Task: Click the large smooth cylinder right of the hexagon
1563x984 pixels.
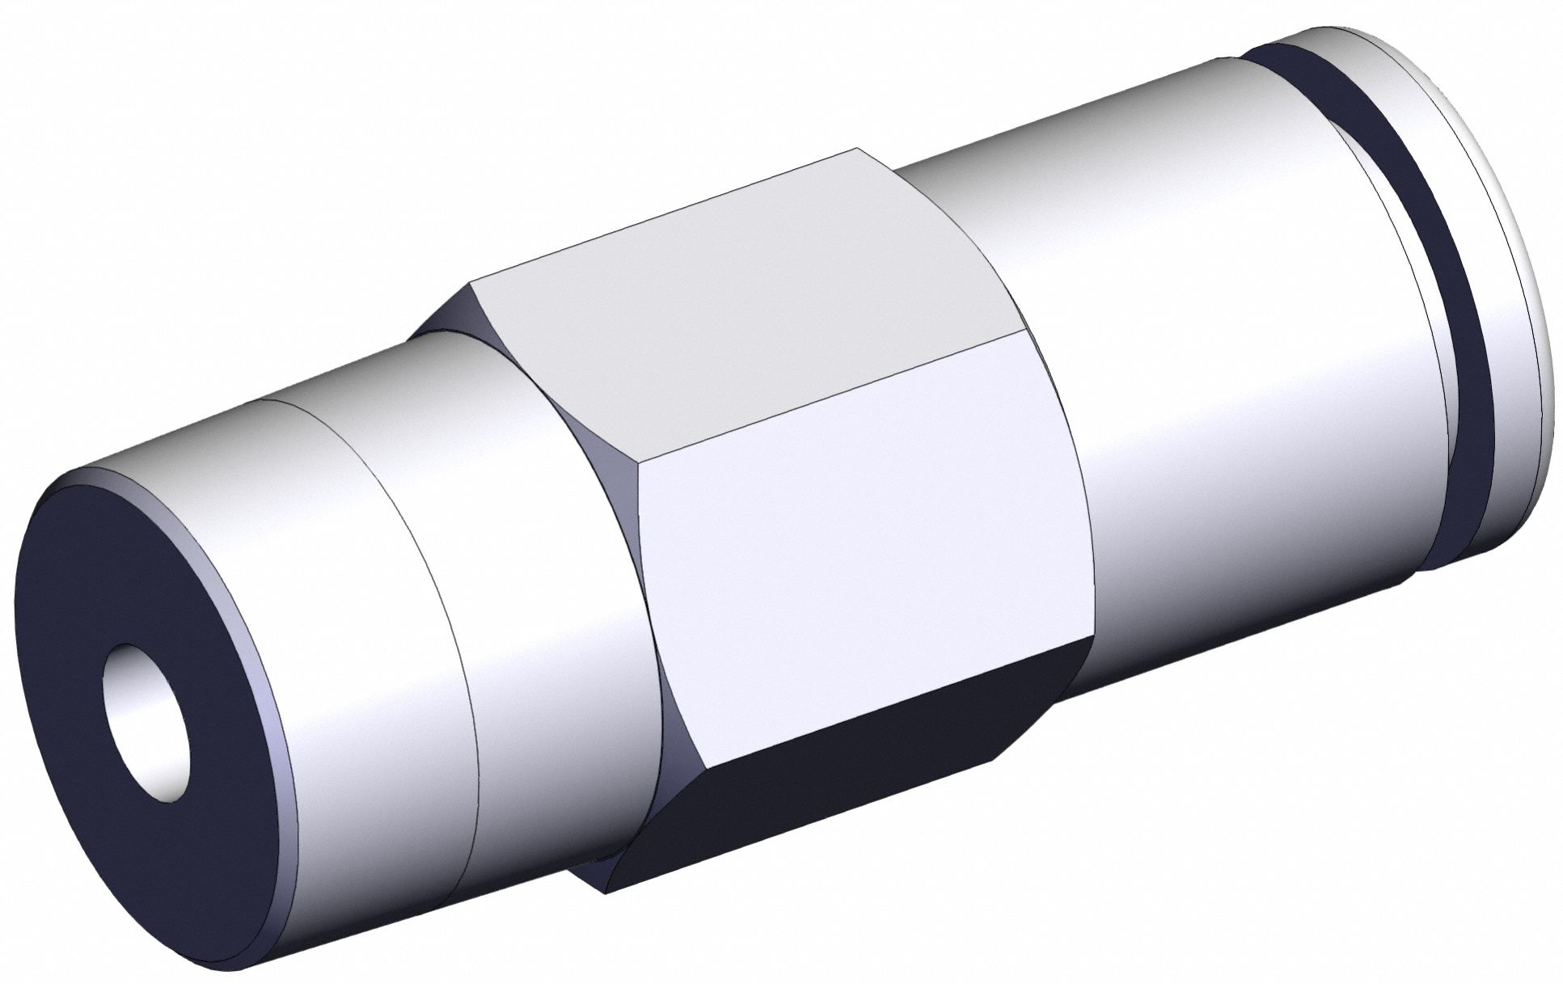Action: (1213, 364)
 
